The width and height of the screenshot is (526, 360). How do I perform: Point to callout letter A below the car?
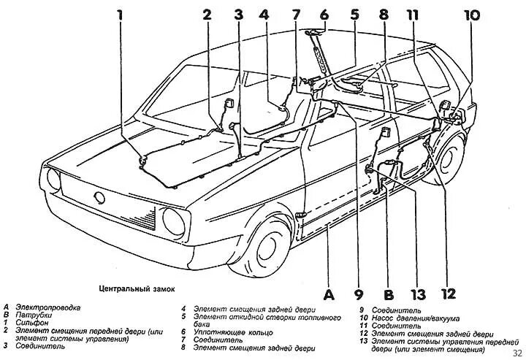click(328, 295)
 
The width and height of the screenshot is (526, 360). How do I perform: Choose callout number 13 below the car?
click(417, 295)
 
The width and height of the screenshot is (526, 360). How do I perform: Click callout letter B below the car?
click(389, 295)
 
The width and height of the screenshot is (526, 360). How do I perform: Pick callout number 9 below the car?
click(358, 295)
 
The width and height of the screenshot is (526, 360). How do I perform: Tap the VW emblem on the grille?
click(99, 197)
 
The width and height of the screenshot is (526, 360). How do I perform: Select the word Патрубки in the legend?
click(30, 314)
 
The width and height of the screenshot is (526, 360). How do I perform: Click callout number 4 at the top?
click(264, 13)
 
